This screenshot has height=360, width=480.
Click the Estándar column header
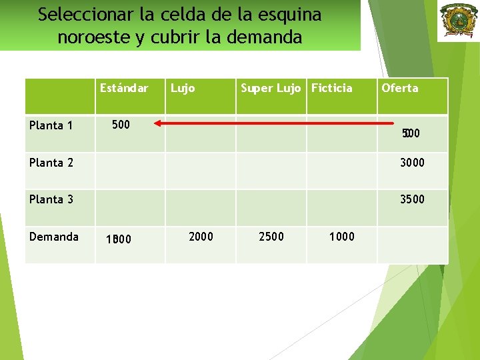[123, 88]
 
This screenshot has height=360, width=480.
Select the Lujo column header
[183, 88]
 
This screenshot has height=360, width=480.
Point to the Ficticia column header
[331, 88]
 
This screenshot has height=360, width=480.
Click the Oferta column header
[399, 88]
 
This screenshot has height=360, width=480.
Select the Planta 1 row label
[51, 125]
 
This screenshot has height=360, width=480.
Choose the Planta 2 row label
[51, 163]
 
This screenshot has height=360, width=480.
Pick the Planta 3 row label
[51, 199]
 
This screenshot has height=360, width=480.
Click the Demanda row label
[53, 237]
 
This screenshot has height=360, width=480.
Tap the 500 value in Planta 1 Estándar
[121, 125]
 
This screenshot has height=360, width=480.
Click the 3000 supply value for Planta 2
[411, 163]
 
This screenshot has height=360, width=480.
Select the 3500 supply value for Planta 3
[411, 199]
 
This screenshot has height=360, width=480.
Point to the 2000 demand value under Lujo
[201, 237]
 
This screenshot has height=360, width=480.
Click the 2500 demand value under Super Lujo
[271, 237]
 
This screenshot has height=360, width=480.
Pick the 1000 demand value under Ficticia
[342, 237]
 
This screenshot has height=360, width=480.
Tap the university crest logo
[457, 21]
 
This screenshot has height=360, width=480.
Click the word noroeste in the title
[93, 37]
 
